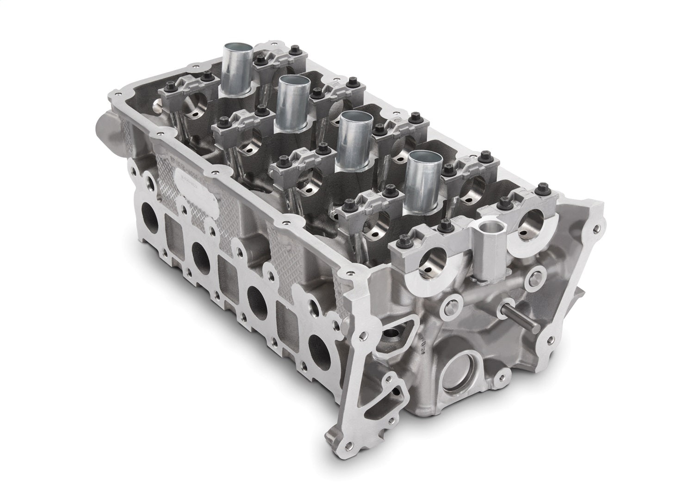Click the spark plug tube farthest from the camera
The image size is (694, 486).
coord(238,69)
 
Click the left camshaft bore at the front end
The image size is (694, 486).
coord(435,262)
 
